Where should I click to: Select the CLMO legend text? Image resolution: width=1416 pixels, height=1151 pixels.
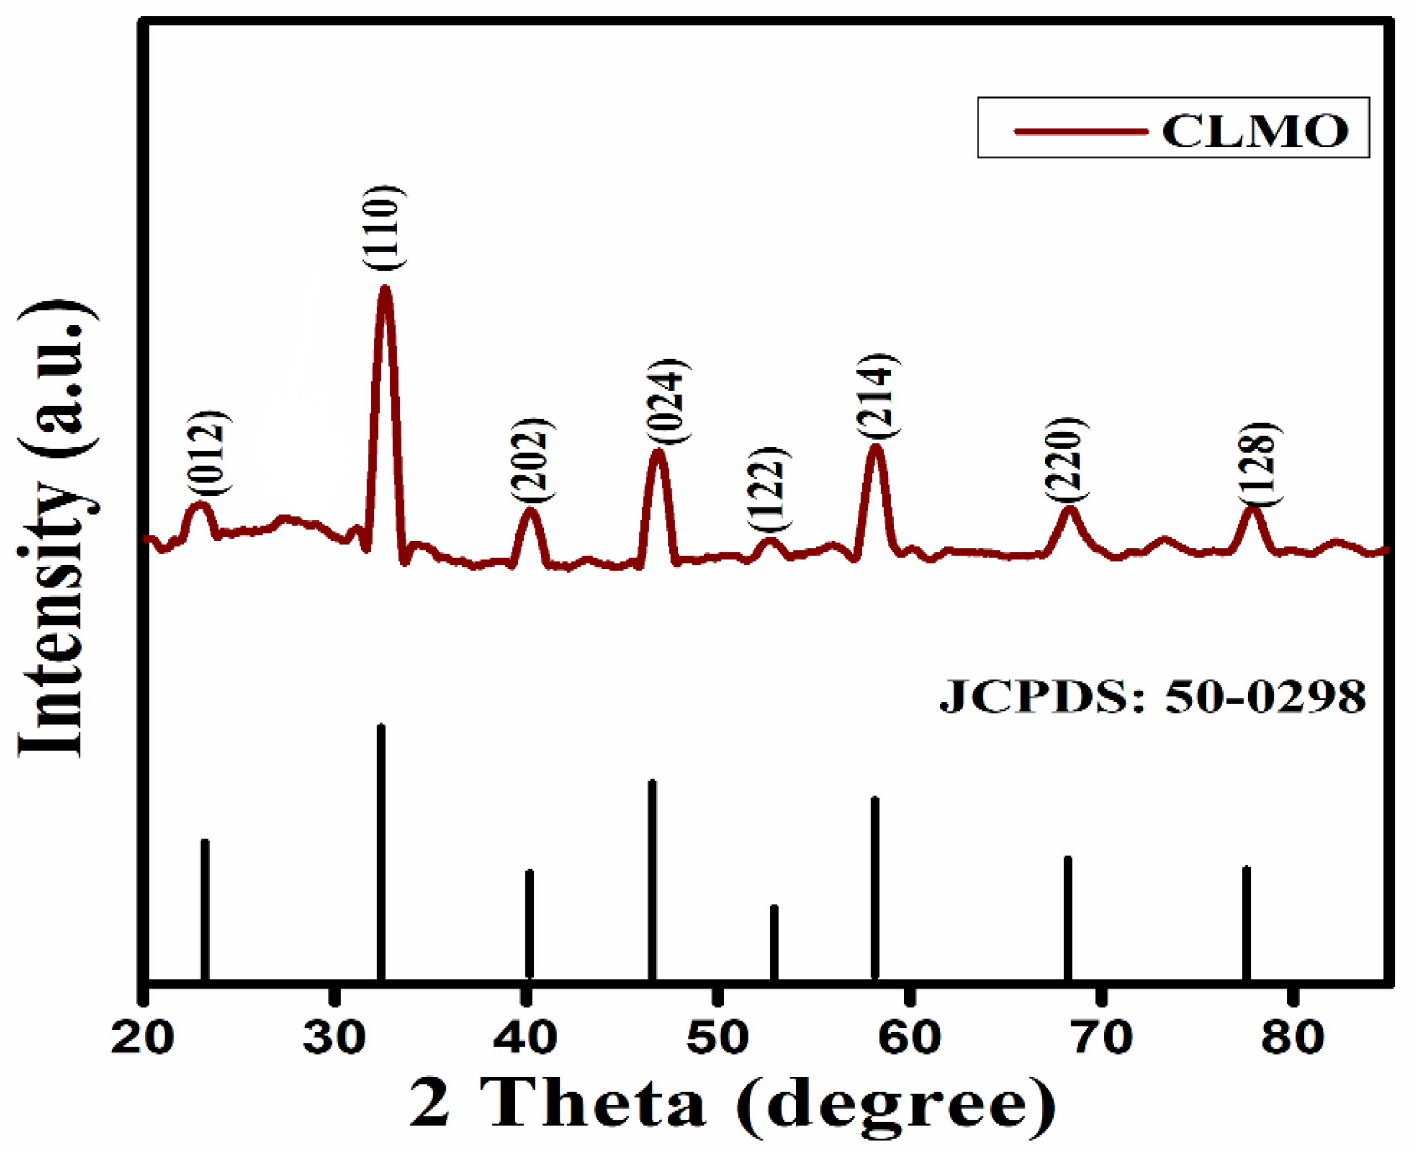pos(1255,131)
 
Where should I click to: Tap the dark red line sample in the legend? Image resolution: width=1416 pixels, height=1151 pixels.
pos(1081,131)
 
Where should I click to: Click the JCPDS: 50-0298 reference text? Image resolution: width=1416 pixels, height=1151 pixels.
pos(1153,698)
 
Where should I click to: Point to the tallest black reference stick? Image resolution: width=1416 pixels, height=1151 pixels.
pos(381,852)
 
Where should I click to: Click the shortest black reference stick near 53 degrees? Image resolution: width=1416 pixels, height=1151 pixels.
pos(774,941)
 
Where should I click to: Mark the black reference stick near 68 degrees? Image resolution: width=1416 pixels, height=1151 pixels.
pos(1068,918)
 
